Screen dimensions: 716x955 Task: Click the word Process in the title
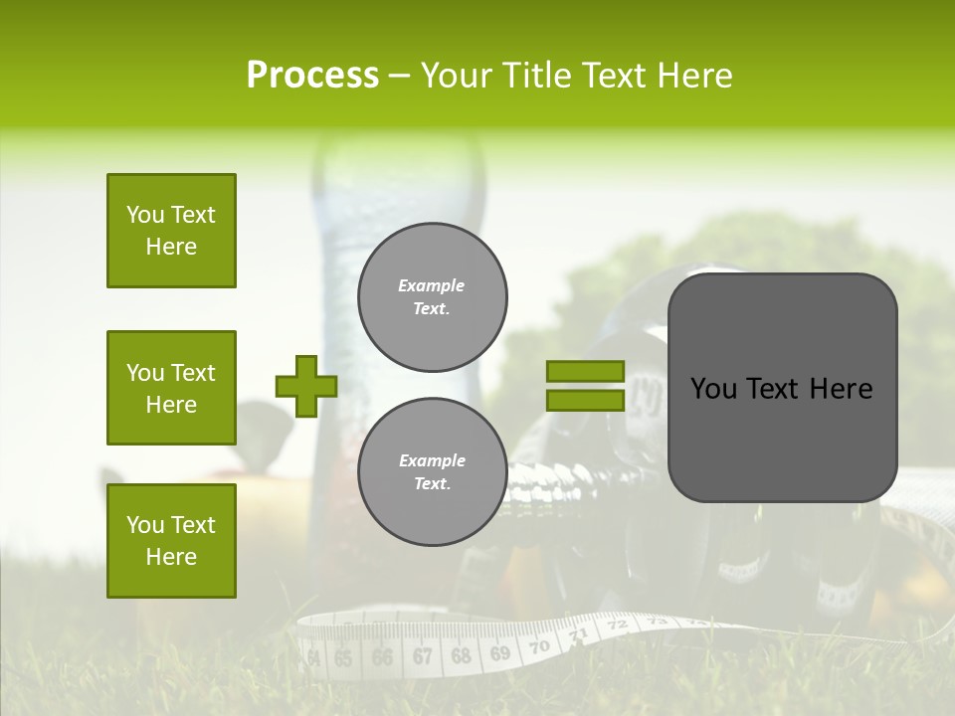(312, 76)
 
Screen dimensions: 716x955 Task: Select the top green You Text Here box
(171, 231)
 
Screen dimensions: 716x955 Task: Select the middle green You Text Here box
(171, 388)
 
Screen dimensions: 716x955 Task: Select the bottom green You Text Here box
(171, 541)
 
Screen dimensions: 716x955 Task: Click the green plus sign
(306, 386)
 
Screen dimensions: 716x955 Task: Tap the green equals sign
(585, 386)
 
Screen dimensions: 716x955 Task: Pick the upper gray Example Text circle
(432, 296)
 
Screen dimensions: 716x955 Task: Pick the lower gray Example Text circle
(432, 471)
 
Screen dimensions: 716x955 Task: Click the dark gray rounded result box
(782, 388)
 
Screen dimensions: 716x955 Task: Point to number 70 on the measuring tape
(538, 647)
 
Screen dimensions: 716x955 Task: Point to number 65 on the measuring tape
(343, 658)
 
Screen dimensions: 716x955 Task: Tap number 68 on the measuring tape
(461, 656)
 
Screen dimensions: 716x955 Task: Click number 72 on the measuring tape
(617, 626)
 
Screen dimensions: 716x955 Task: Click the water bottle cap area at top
(398, 149)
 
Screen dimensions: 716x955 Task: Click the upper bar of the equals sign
(585, 371)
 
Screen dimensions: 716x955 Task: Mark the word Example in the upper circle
(432, 285)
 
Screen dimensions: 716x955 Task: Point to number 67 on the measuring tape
(422, 656)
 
